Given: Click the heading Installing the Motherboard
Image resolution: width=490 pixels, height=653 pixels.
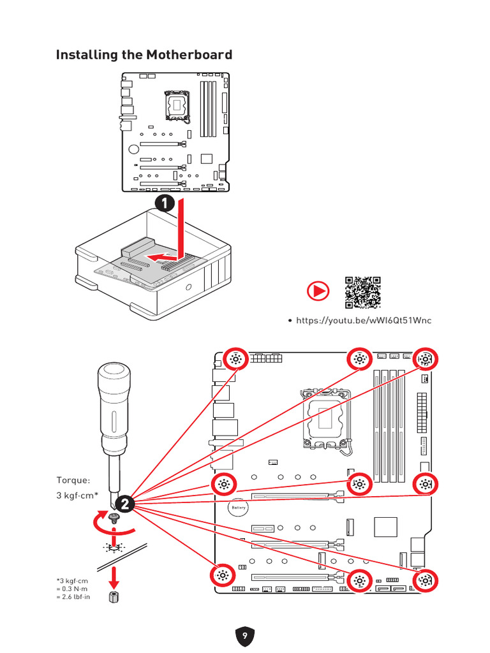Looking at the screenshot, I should click(144, 55).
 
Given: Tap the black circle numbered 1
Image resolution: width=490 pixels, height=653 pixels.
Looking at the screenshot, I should click(164, 203).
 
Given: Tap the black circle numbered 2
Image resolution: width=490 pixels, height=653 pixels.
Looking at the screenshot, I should click(124, 503).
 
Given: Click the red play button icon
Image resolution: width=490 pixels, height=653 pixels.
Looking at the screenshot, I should click(318, 292).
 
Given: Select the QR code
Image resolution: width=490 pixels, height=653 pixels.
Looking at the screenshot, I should click(363, 293).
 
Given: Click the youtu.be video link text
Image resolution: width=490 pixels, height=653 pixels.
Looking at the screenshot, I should click(364, 320).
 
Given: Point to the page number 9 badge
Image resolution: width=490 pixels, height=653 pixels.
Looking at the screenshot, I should click(245, 636).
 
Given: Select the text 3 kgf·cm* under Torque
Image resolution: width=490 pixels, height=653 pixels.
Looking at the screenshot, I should click(78, 495).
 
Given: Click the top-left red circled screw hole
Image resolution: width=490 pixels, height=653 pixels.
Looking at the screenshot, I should click(235, 360).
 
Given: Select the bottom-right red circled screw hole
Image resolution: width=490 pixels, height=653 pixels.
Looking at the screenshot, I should click(426, 580).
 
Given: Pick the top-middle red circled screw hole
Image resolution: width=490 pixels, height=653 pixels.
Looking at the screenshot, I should click(359, 360).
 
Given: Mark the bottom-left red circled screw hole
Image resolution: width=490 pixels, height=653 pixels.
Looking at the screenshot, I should click(223, 575).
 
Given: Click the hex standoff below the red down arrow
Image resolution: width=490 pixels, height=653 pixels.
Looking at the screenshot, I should click(114, 598).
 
